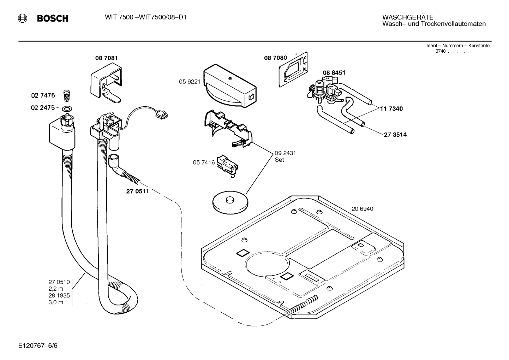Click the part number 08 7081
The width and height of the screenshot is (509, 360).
106,58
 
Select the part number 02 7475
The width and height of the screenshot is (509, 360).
43,95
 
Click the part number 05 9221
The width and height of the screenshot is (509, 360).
190,82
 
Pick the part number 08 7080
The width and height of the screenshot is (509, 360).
275,58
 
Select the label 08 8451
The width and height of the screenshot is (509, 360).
334,72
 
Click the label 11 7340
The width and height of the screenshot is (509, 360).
391,108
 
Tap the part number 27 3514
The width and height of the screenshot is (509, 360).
395,135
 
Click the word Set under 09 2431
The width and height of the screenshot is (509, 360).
279,160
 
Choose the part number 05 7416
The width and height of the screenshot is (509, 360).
204,163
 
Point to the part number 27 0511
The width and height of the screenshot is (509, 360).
137,191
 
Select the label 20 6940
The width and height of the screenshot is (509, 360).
362,209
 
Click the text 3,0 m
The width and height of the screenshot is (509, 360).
56,302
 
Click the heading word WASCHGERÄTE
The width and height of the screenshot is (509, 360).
408,17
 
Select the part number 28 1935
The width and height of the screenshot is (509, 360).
59,295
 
